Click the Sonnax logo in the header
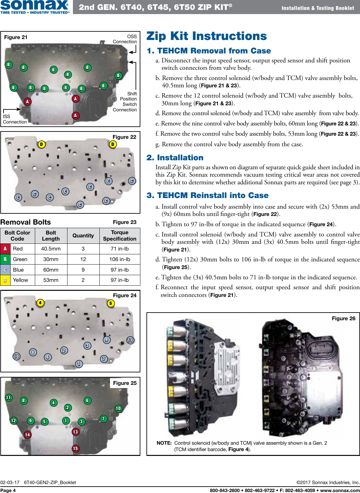[x=35, y=7]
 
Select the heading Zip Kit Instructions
[x=207, y=36]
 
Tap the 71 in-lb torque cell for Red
[x=120, y=249]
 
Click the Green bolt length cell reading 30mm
[x=51, y=259]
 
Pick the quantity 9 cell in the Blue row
[x=83, y=270]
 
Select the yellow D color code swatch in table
[x=5, y=280]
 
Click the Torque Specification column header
[x=120, y=236]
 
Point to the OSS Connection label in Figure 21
[x=125, y=39]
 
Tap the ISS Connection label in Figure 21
[x=14, y=119]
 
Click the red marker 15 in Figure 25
[x=75, y=449]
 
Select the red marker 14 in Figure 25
[x=27, y=434]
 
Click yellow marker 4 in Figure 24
[x=40, y=303]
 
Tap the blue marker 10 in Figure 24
[x=16, y=356]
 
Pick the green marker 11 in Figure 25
[x=9, y=398]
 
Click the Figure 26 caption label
[x=343, y=318]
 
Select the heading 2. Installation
[x=175, y=158]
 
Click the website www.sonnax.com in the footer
[x=340, y=490]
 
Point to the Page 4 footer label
[x=8, y=490]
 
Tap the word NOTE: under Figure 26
[x=164, y=443]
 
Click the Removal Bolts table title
[x=26, y=222]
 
